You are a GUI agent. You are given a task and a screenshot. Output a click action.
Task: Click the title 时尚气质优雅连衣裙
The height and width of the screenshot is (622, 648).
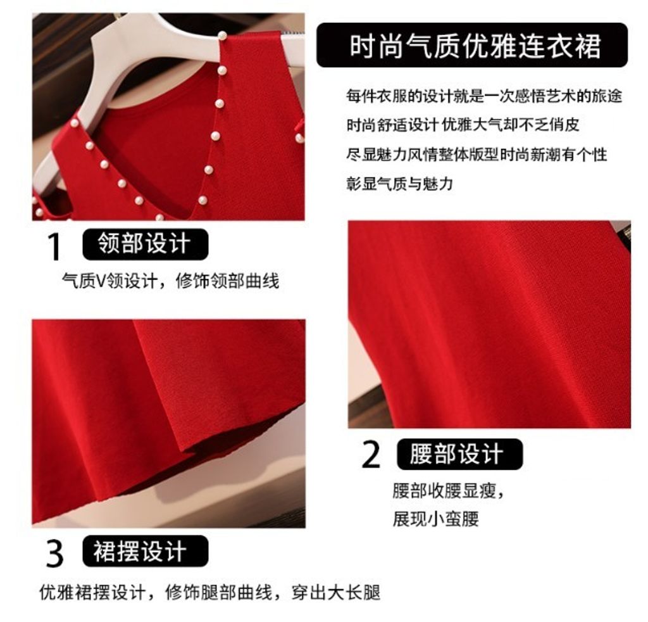475,46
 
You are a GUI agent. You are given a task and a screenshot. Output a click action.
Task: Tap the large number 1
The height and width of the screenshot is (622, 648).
54,246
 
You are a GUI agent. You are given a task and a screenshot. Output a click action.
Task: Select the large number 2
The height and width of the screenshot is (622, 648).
371,455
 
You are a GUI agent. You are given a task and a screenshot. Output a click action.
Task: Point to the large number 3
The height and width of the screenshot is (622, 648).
54,554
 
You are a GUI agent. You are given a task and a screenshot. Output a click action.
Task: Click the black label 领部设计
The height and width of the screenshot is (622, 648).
145,244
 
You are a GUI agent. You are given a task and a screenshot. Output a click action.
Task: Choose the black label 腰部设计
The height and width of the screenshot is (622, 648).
459,454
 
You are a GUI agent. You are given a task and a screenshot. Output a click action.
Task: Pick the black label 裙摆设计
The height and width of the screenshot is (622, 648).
145,551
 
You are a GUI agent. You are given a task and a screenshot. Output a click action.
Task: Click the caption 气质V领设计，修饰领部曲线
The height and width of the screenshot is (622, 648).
170,281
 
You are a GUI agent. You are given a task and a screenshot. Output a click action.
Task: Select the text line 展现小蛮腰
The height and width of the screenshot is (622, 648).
435,519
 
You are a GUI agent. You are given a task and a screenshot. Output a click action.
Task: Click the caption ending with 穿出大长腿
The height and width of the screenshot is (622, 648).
209,592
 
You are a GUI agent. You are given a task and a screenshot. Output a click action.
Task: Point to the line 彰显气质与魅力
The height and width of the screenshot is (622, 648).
399,183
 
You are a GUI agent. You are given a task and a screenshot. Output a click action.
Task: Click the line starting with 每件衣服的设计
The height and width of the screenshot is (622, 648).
484,96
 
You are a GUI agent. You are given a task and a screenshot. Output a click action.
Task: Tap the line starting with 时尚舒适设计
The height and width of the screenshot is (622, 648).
463,125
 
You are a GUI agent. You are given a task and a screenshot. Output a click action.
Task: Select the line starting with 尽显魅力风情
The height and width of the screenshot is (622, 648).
477,155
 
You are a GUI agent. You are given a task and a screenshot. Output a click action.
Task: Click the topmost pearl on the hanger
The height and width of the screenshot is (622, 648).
222,35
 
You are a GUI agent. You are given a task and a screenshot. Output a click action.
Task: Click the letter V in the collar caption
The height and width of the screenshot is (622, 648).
101,281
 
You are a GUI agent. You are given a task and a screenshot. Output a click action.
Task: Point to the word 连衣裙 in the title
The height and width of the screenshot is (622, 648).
560,46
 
